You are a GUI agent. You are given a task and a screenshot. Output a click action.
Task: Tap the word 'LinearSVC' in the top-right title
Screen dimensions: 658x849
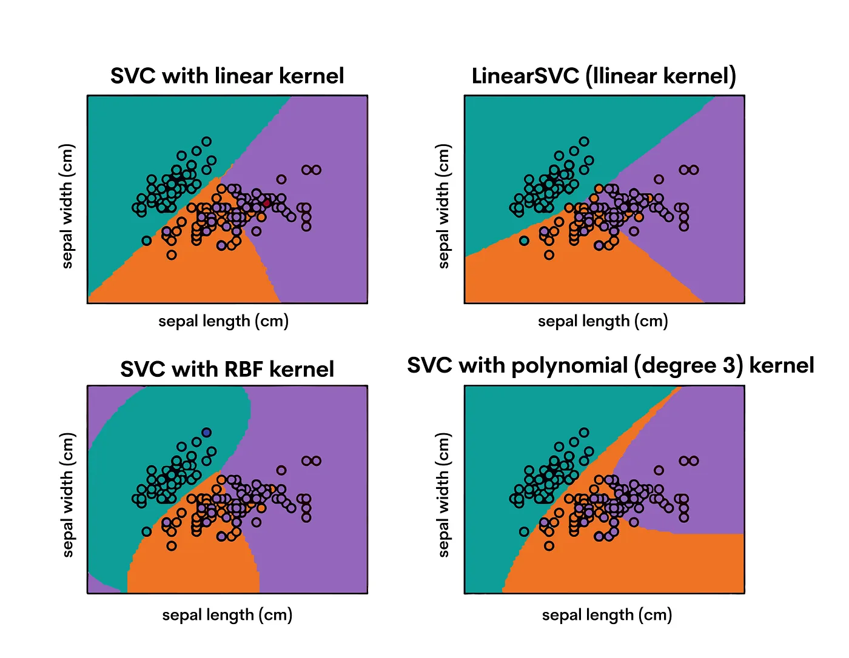tap(525, 76)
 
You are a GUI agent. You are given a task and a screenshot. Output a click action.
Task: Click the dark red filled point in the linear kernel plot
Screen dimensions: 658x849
tap(267, 202)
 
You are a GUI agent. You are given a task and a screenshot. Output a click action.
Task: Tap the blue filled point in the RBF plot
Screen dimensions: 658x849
tap(206, 433)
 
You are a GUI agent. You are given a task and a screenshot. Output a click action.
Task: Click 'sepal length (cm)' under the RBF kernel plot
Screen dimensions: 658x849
tap(227, 615)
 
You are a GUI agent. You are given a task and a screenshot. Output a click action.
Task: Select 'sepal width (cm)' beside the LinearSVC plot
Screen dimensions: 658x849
tap(443, 206)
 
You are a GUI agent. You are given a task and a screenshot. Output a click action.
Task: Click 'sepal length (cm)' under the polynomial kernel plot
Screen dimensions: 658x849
tap(607, 615)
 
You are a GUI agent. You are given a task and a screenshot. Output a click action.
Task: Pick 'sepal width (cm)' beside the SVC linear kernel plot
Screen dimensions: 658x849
tap(67, 206)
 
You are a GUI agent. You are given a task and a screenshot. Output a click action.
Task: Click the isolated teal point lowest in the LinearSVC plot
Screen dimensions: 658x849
tap(524, 241)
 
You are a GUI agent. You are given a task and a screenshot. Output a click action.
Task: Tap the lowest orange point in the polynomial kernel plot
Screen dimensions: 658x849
tap(549, 545)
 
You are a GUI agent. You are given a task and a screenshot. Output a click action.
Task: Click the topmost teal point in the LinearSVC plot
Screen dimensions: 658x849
tap(584, 142)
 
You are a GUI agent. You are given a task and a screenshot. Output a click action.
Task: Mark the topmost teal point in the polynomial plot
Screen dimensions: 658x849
tap(584, 433)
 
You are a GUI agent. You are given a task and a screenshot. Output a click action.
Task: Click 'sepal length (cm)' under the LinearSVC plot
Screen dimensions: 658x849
tap(603, 321)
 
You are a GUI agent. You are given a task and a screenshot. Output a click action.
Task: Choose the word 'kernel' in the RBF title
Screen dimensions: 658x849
tap(301, 369)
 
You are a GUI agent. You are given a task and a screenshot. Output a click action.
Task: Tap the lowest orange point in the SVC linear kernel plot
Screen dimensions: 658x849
tap(172, 254)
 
